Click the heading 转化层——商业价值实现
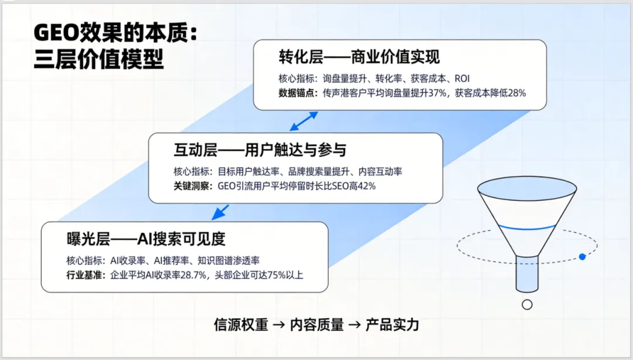point(359,57)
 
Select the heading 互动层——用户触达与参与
point(260,150)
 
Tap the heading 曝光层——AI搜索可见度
point(146,239)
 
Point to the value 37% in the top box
point(437,93)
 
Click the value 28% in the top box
point(517,93)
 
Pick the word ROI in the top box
point(462,79)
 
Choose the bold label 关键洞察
point(191,186)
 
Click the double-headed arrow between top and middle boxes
point(304,121)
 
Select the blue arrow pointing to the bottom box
point(220,212)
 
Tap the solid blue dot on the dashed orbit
point(582,257)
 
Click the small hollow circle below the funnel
point(527,305)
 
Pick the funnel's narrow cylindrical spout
point(527,274)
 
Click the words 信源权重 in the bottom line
point(241,325)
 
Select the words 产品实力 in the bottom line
point(392,325)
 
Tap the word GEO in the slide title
point(56,33)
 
